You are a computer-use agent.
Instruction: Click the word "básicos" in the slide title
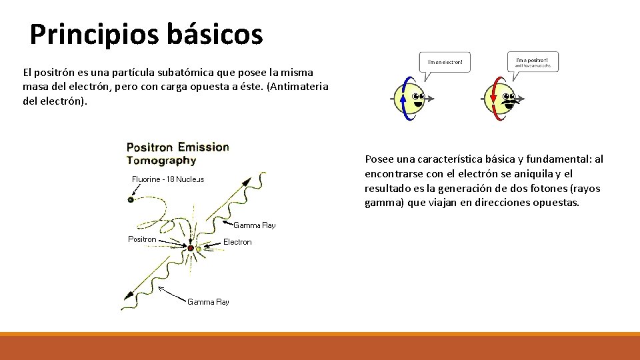(x=215, y=35)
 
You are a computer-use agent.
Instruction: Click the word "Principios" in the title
(x=95, y=35)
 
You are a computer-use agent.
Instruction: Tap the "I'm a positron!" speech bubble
(x=532, y=61)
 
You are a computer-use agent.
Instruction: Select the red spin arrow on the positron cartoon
(x=493, y=99)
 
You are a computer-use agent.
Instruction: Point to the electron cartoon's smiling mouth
(x=418, y=104)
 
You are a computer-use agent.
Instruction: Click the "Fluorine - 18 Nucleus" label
(x=168, y=179)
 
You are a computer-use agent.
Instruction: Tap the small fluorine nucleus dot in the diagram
(x=131, y=199)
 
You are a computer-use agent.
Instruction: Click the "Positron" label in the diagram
(x=142, y=239)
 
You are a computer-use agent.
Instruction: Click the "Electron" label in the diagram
(x=237, y=242)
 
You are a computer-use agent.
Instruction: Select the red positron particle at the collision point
(x=191, y=248)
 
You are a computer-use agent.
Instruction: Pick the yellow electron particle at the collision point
(x=199, y=249)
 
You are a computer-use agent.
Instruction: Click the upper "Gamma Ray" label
(x=254, y=225)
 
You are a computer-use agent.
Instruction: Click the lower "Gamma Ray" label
(x=208, y=302)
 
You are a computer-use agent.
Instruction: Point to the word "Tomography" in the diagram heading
(x=161, y=161)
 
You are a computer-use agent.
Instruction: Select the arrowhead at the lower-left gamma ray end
(x=124, y=307)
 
